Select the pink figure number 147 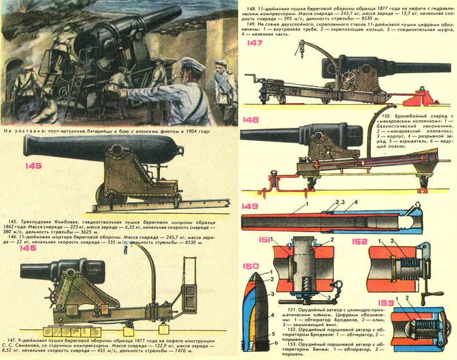(x=255, y=44)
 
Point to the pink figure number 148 (x=249, y=120)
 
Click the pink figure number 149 (x=249, y=208)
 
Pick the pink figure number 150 (x=251, y=266)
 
